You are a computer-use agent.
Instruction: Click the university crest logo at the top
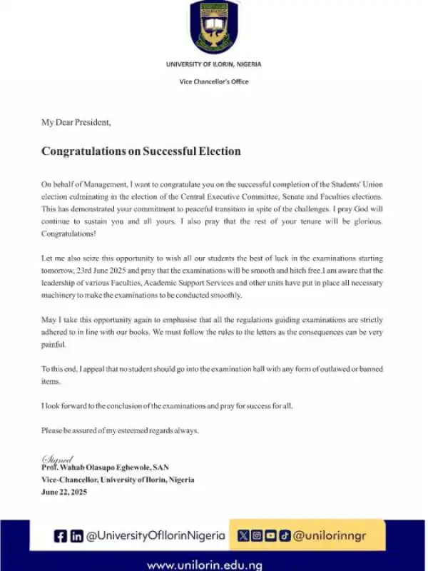[x=214, y=26]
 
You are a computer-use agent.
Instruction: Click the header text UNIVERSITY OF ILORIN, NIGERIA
[x=214, y=64]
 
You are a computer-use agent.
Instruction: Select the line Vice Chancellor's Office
[x=214, y=81]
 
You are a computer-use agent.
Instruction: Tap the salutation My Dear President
[x=76, y=122]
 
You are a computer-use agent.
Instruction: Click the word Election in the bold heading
[x=218, y=151]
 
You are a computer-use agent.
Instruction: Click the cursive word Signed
[x=58, y=459]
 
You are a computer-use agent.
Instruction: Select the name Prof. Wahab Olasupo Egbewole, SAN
[x=105, y=468]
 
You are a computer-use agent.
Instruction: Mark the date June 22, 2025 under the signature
[x=64, y=492]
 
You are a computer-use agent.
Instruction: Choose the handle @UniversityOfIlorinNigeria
[x=156, y=535]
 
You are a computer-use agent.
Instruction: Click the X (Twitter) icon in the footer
[x=243, y=535]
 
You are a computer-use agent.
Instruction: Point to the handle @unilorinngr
[x=330, y=535]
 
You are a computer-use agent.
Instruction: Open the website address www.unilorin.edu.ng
[x=205, y=565]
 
